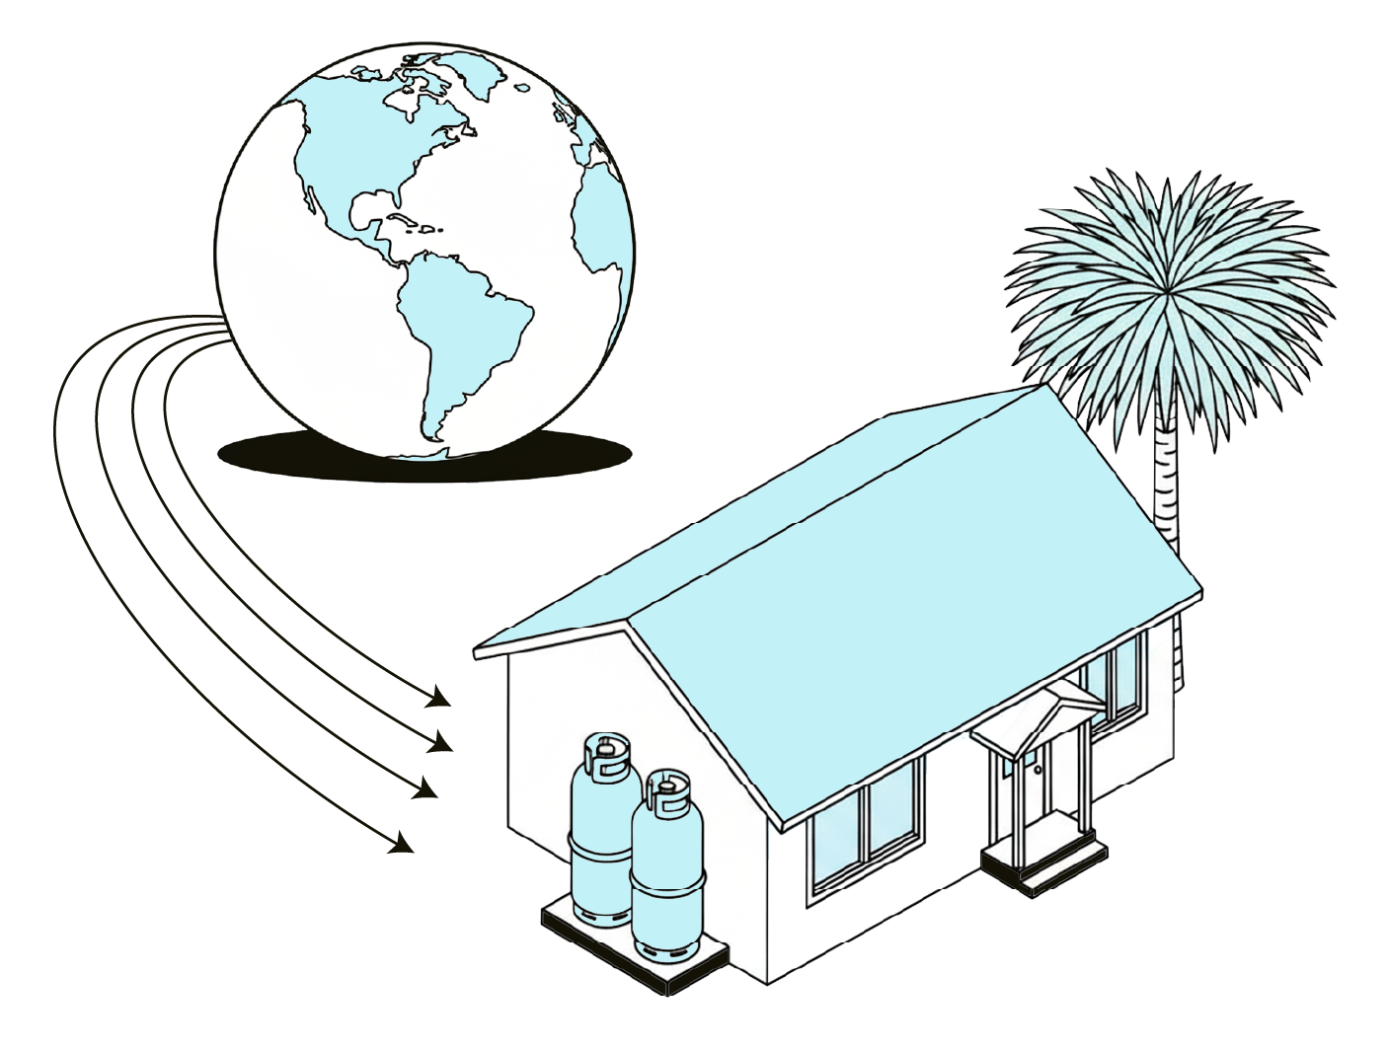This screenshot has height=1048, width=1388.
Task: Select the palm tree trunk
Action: point(1168,484)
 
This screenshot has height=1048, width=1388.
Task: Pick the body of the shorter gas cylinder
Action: point(667,878)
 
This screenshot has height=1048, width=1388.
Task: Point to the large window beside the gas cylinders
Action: point(864,829)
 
